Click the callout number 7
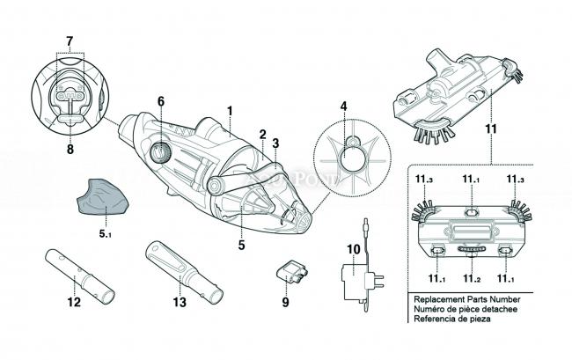[70, 41]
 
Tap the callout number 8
[70, 150]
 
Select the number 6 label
[161, 101]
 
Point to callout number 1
[230, 112]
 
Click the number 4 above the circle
[343, 107]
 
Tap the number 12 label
[74, 303]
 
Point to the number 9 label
[285, 303]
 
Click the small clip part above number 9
[292, 271]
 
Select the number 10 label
[353, 250]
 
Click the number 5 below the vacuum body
[240, 246]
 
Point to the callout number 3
[275, 143]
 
